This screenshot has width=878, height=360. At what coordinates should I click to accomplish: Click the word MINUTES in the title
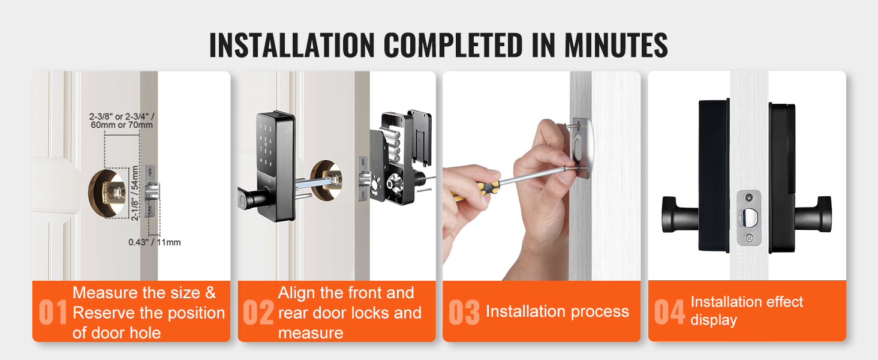(x=616, y=45)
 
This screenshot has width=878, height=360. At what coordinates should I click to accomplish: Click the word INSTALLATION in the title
(x=292, y=45)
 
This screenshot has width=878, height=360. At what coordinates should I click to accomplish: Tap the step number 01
(x=53, y=312)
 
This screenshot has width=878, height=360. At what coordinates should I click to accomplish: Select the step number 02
(x=258, y=312)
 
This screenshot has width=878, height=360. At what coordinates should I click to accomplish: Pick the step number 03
(x=464, y=312)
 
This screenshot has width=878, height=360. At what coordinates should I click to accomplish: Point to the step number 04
(x=669, y=312)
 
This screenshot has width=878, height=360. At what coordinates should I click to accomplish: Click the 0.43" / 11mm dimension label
(x=155, y=242)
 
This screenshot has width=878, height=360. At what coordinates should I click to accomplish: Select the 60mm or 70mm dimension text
(x=122, y=125)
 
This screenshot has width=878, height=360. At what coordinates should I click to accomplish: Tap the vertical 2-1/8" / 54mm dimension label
(x=135, y=193)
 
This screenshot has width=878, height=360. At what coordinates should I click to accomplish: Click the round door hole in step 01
(x=107, y=193)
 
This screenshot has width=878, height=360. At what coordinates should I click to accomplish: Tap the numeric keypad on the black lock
(x=265, y=145)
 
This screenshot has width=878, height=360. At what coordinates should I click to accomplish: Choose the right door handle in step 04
(x=813, y=214)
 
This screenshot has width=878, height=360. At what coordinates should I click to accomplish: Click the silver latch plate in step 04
(x=748, y=218)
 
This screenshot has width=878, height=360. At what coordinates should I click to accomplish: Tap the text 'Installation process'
(x=557, y=311)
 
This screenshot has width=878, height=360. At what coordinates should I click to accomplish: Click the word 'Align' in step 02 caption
(x=296, y=293)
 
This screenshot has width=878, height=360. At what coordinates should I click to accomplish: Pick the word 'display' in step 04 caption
(x=714, y=320)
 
